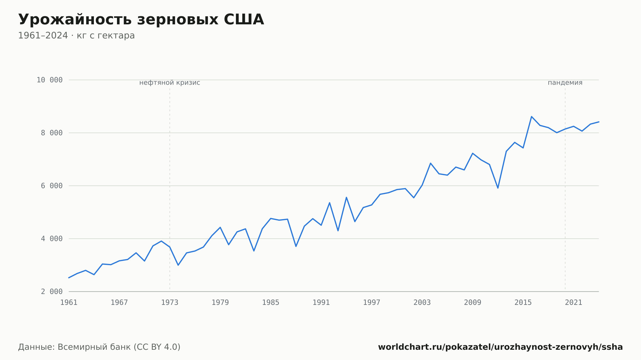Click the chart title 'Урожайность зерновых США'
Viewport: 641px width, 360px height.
click(x=141, y=20)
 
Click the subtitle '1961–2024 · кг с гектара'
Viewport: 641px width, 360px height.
click(x=76, y=36)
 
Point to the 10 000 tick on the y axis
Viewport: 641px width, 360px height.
click(x=50, y=80)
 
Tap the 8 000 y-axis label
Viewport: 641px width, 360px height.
click(x=52, y=133)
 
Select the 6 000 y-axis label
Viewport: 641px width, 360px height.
click(x=52, y=186)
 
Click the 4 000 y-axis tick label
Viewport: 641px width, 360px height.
click(x=52, y=239)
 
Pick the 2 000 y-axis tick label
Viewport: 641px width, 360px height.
click(x=52, y=291)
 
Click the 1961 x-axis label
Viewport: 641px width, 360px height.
click(x=69, y=303)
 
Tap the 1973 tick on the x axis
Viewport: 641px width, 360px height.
click(x=170, y=303)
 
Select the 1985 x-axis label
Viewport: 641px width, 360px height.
click(x=271, y=303)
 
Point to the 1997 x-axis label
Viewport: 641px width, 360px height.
click(x=372, y=303)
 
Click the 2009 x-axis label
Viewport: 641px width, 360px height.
click(x=473, y=303)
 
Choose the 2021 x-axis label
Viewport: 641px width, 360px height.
click(x=574, y=303)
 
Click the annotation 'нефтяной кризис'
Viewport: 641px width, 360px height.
click(x=170, y=83)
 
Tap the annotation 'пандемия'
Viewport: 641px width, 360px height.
click(x=565, y=83)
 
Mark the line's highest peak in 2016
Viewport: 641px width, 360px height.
click(x=531, y=117)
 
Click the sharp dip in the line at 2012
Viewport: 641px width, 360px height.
click(x=498, y=188)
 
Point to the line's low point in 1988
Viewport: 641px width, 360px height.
click(x=296, y=246)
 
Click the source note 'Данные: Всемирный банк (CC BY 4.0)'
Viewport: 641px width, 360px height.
click(x=99, y=347)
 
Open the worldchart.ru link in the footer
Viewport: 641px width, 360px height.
click(x=500, y=347)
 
